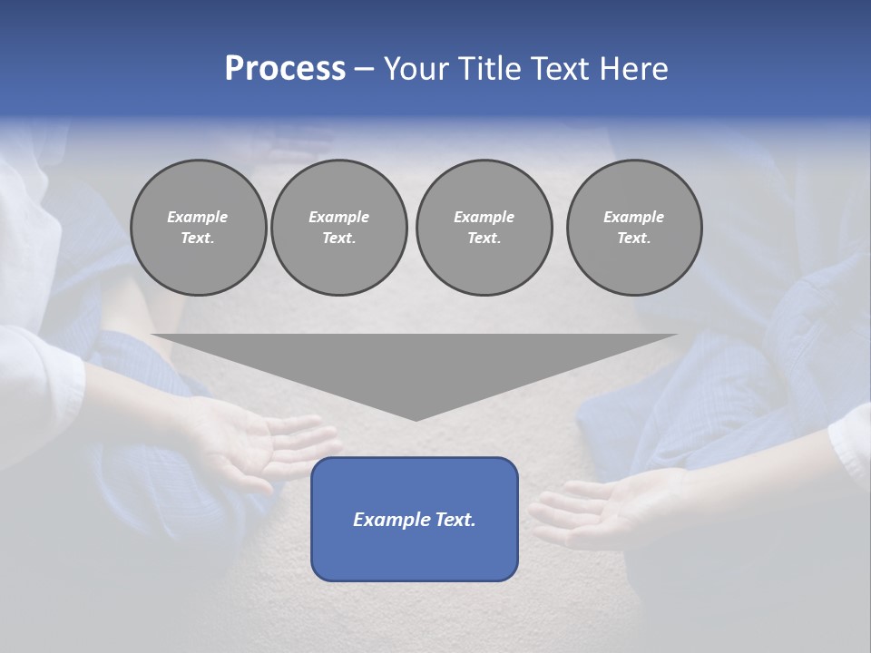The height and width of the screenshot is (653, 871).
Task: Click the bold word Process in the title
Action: tap(285, 69)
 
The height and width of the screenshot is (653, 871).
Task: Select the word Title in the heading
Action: tap(490, 69)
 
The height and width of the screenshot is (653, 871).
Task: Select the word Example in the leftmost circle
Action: tap(198, 217)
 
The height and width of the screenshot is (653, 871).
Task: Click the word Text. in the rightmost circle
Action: tap(633, 238)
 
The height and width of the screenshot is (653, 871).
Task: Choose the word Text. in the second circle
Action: tap(338, 238)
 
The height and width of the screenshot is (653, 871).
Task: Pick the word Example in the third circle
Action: tap(484, 217)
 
